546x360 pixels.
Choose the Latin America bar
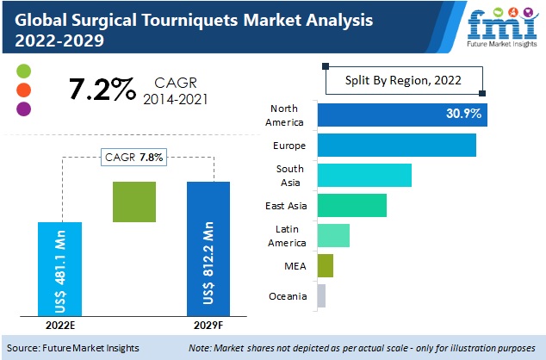point(333,235)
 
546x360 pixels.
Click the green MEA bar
point(325,266)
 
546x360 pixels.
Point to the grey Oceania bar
point(321,296)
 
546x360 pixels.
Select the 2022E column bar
point(60,269)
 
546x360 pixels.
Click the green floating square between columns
point(134,202)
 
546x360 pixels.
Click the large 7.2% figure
point(101,88)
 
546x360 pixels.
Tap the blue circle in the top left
point(24,71)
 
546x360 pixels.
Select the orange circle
point(24,90)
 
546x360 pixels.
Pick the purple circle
point(24,109)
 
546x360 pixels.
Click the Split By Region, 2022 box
point(404,80)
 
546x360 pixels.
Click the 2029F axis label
point(208,326)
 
